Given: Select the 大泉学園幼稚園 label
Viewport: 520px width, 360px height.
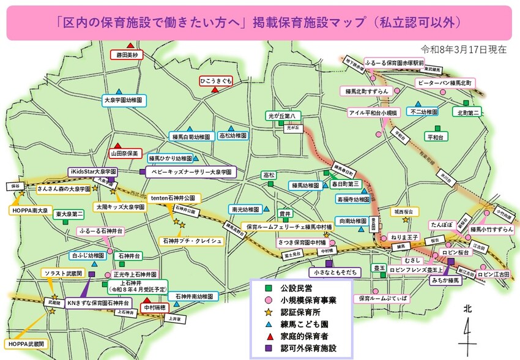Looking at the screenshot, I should click(123, 99).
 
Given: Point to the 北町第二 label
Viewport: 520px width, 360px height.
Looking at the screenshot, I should click(469, 113).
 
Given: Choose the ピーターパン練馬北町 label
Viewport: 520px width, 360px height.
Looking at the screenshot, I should click(444, 82).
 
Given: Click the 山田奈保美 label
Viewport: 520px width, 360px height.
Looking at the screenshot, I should click(125, 153).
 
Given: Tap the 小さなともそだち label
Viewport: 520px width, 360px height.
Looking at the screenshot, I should click(330, 271).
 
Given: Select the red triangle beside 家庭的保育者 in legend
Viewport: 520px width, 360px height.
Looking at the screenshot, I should click(268, 336).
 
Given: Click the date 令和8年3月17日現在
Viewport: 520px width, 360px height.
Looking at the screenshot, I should click(464, 49).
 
